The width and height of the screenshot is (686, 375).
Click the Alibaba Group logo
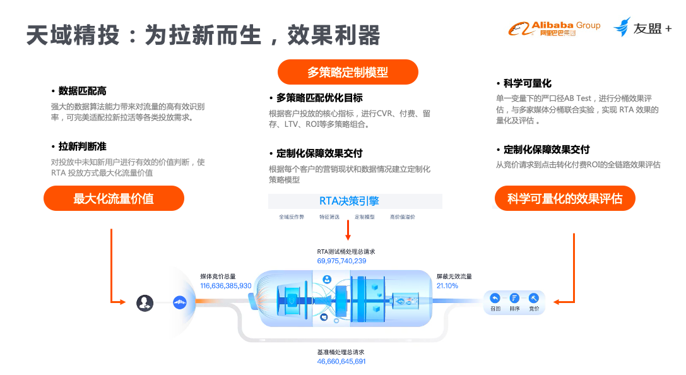(555, 28)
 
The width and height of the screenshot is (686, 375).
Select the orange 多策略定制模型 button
(348, 72)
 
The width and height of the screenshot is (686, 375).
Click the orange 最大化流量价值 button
(114, 198)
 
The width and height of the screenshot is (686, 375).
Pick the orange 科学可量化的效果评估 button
(565, 198)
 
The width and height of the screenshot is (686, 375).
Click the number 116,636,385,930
(226, 286)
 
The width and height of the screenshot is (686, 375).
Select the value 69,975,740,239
(341, 261)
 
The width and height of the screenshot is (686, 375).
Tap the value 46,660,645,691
(341, 362)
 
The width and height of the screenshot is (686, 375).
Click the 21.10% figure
(447, 286)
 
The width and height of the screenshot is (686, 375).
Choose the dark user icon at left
(145, 302)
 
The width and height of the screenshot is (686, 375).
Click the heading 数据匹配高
(83, 91)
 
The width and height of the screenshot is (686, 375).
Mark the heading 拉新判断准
(83, 146)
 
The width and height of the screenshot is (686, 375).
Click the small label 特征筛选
(329, 217)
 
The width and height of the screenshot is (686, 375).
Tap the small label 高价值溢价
(403, 217)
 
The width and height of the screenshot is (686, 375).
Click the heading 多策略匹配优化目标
(319, 98)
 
